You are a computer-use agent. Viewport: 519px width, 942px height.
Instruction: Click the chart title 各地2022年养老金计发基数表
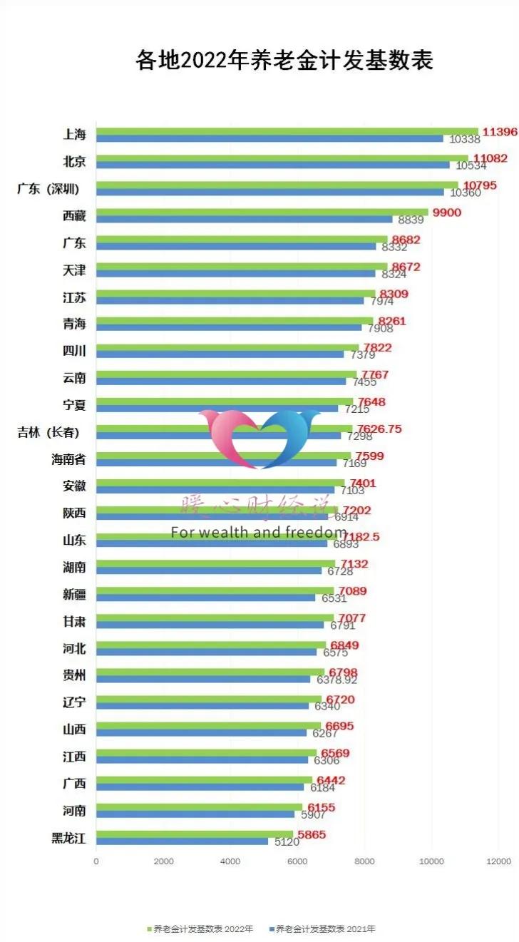(284, 61)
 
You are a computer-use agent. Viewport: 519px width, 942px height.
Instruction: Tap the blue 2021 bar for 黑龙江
(182, 841)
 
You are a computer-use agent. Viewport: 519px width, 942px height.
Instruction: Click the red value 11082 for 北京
(490, 158)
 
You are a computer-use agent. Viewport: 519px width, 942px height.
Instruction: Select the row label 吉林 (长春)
(48, 432)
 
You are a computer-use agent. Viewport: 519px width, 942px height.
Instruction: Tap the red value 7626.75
(379, 429)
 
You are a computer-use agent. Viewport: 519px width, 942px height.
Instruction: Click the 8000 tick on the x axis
(364, 861)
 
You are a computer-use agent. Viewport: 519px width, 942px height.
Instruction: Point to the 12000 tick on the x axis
(498, 861)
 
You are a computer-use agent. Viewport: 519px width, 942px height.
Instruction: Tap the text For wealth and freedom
(258, 532)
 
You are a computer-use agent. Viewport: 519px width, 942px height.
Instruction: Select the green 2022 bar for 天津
(242, 266)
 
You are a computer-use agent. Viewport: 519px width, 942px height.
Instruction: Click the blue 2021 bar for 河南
(195, 814)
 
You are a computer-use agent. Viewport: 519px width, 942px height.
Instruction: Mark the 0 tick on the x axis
(96, 861)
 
